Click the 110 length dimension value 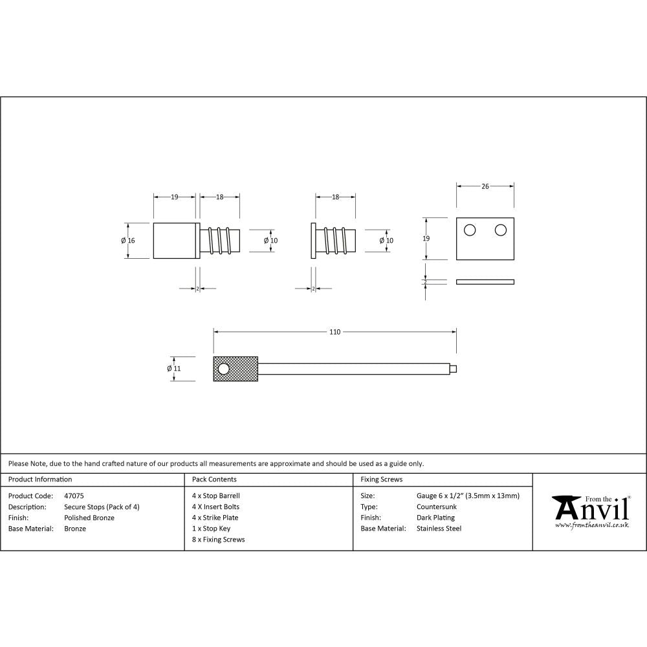click(x=334, y=332)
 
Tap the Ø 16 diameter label click(x=127, y=241)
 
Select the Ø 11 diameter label click(x=173, y=368)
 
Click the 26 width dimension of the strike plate click(x=485, y=186)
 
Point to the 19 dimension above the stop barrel click(x=175, y=197)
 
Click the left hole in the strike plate click(x=470, y=230)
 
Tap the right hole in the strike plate click(x=500, y=230)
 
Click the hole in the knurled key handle click(x=224, y=369)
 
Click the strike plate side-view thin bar click(x=485, y=281)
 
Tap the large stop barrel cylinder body click(x=174, y=241)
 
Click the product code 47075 click(x=74, y=496)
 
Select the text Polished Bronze click(x=89, y=518)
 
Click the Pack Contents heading click(x=214, y=479)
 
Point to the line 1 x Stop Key click(x=211, y=529)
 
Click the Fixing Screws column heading click(x=381, y=479)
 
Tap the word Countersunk click(x=437, y=507)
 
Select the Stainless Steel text click(x=439, y=529)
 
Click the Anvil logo click(x=590, y=511)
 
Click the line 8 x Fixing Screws click(x=218, y=540)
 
